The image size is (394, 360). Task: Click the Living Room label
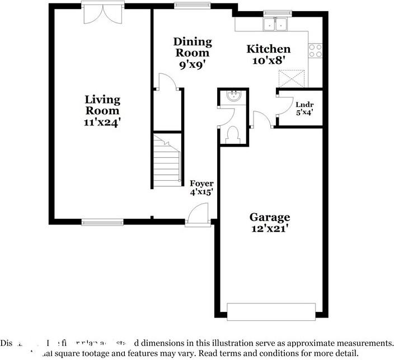click(x=102, y=109)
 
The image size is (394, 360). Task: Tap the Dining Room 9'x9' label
click(x=193, y=52)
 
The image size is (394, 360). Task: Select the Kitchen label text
click(x=269, y=49)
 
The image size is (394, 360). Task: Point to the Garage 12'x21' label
click(x=270, y=222)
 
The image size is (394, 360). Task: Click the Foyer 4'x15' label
click(x=201, y=188)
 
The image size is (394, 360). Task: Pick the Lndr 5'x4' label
click(x=304, y=107)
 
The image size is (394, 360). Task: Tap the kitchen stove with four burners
click(x=316, y=51)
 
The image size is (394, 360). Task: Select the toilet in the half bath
click(x=233, y=134)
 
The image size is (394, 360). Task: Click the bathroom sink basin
click(x=233, y=97)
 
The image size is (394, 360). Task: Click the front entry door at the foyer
click(x=198, y=216)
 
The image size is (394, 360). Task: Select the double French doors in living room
click(x=102, y=13)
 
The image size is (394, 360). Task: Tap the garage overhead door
click(x=271, y=312)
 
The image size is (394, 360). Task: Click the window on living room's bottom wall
click(x=102, y=222)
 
